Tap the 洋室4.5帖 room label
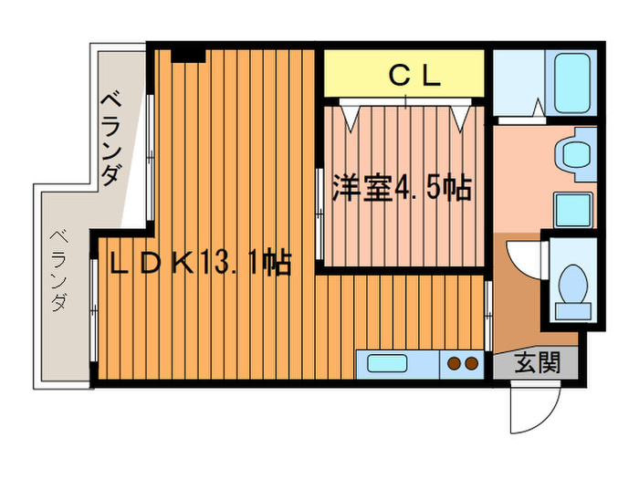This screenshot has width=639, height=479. tap(395, 188)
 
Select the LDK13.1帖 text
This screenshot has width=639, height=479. tap(200, 265)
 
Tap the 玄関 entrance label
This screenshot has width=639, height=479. tap(536, 364)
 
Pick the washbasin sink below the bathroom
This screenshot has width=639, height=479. tap(575, 151)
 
